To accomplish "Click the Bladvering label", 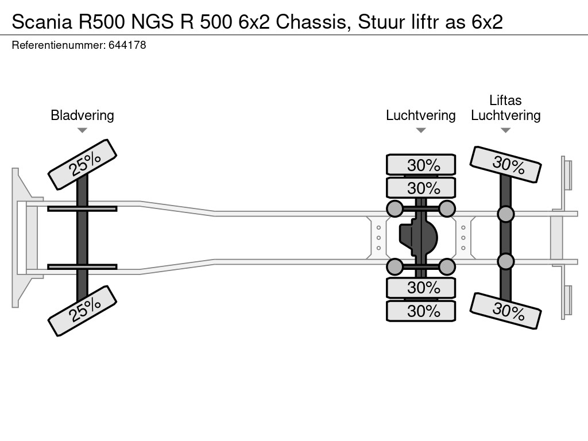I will [82, 115].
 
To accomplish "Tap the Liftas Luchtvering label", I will [505, 108].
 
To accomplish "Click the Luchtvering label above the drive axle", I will [420, 115].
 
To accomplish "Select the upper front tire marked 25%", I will [82, 164].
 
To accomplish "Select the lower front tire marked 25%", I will [82, 311].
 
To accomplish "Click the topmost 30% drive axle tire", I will [421, 165].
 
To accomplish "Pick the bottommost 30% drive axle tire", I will [421, 311].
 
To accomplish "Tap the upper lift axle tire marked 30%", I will [505, 164].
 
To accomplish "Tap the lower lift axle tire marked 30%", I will [505, 311].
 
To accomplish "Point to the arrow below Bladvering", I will [82, 130].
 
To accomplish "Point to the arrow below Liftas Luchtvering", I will [505, 130].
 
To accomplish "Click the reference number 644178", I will [127, 45].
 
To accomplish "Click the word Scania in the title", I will [38, 22].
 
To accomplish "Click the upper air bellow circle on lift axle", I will [505, 214].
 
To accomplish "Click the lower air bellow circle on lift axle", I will [505, 261].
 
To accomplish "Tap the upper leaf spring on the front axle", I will [82, 208].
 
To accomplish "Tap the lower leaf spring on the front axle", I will [82, 266].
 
